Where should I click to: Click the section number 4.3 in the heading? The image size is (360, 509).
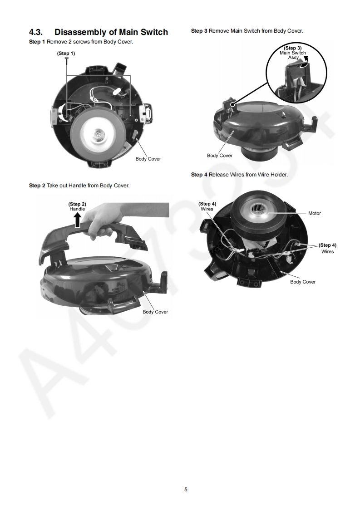pyautogui.click(x=36, y=32)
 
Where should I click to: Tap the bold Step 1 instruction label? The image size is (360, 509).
pyautogui.click(x=37, y=42)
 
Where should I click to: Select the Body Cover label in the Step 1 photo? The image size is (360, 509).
pyautogui.click(x=148, y=159)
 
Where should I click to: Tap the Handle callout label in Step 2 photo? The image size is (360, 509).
pyautogui.click(x=77, y=209)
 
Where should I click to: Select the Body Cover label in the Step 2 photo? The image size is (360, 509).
pyautogui.click(x=155, y=312)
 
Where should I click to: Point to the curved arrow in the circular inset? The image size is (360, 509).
pyautogui.click(x=304, y=62)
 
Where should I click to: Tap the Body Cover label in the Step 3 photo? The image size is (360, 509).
pyautogui.click(x=220, y=156)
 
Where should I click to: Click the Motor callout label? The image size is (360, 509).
pyautogui.click(x=315, y=213)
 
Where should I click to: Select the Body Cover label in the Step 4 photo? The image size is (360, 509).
pyautogui.click(x=303, y=282)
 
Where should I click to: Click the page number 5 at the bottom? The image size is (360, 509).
pyautogui.click(x=186, y=489)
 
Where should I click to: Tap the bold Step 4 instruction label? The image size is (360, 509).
pyautogui.click(x=199, y=175)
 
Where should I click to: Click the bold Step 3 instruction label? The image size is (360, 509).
pyautogui.click(x=199, y=31)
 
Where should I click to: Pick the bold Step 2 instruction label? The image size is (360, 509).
pyautogui.click(x=37, y=186)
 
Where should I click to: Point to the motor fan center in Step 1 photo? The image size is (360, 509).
pyautogui.click(x=98, y=132)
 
